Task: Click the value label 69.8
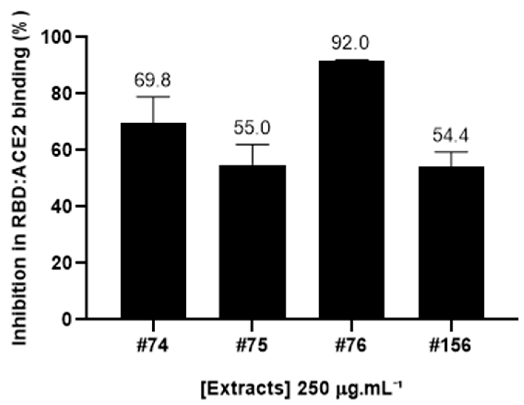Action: pos(153,80)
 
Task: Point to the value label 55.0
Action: pos(252,128)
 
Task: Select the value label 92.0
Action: pos(350,43)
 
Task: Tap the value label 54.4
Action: pos(451,135)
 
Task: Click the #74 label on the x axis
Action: pos(153,345)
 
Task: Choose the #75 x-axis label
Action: pos(252,345)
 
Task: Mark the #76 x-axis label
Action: pos(351,345)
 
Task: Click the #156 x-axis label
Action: pos(451,345)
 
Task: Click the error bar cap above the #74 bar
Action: pos(153,97)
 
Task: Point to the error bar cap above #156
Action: pos(451,151)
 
